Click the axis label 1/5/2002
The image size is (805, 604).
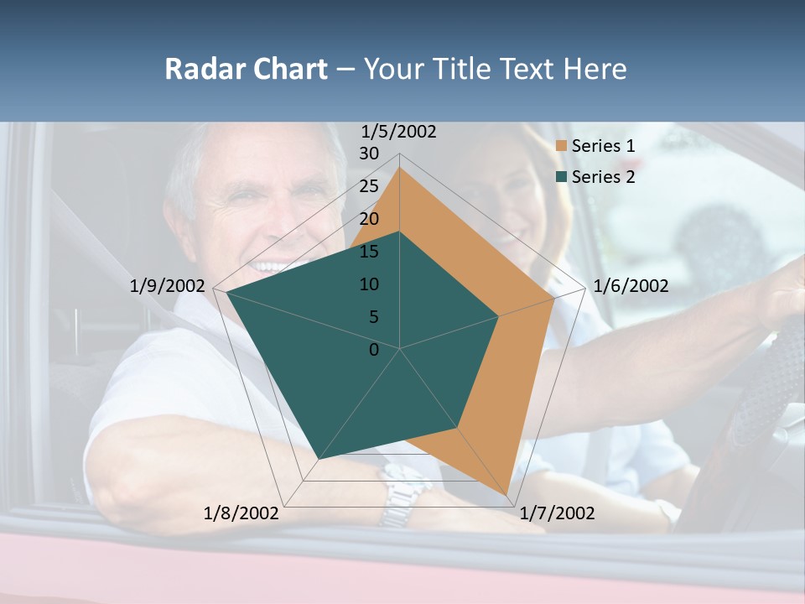tap(399, 132)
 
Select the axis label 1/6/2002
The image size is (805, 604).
tap(631, 286)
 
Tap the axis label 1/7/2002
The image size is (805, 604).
tap(557, 513)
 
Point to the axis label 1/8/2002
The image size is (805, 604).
tap(241, 513)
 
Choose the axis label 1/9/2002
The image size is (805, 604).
tap(168, 286)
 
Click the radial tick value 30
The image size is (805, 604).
tap(369, 154)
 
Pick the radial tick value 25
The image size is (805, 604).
tap(369, 186)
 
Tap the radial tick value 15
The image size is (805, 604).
tap(369, 252)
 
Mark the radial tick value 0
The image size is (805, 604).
tap(374, 350)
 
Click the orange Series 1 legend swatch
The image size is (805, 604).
tap(562, 147)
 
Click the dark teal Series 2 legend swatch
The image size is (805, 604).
tap(562, 177)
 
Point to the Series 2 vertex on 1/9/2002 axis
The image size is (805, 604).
tap(226, 292)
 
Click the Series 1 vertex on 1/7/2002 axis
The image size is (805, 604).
tap(507, 495)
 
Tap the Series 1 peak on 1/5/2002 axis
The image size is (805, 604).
tap(400, 167)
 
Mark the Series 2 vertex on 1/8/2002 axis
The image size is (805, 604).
tap(318, 460)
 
